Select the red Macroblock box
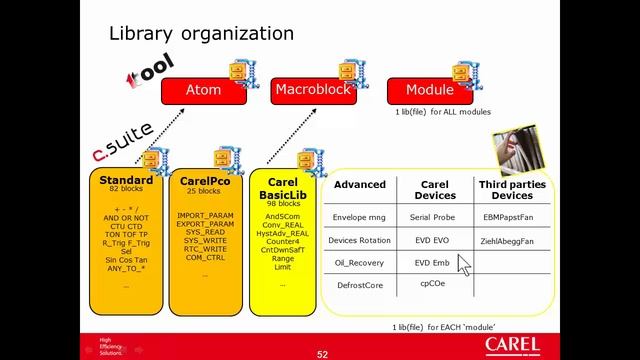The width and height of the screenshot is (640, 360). [314, 90]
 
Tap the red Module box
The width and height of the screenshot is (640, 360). [429, 90]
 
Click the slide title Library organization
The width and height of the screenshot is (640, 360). [201, 34]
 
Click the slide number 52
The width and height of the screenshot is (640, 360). [322, 353]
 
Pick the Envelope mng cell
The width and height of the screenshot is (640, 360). [359, 216]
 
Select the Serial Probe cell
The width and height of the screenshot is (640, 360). [434, 216]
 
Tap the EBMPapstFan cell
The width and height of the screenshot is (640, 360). [508, 216]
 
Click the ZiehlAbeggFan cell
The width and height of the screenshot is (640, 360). [508, 241]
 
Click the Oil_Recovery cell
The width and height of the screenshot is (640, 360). [359, 264]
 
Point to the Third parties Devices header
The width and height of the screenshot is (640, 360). [512, 190]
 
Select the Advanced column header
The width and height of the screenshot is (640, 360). [359, 185]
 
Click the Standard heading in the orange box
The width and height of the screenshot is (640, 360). [126, 181]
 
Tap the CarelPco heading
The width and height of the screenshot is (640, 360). [207, 181]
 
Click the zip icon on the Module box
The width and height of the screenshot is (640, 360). [461, 72]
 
